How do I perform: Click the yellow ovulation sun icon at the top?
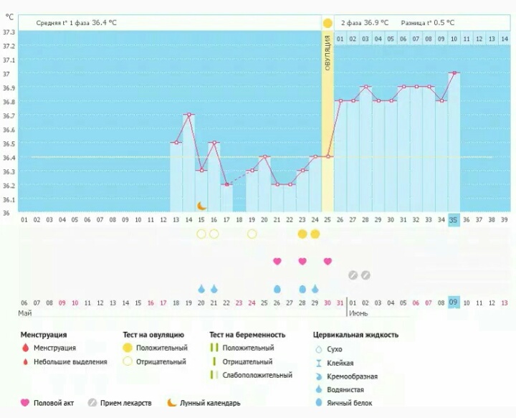(328, 23)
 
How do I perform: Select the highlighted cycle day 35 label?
(454, 221)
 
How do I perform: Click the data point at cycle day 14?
(188, 115)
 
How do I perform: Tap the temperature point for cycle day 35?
(454, 73)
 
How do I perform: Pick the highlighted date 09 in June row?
(454, 303)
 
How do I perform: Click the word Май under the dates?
(24, 314)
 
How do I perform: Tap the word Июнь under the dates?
(358, 314)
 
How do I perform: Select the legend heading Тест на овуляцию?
(153, 335)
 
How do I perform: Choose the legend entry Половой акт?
(54, 403)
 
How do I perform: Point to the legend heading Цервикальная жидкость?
(355, 335)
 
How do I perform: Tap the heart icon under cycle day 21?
(277, 261)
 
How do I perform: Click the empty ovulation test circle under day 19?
(252, 234)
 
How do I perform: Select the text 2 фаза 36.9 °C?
(365, 23)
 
